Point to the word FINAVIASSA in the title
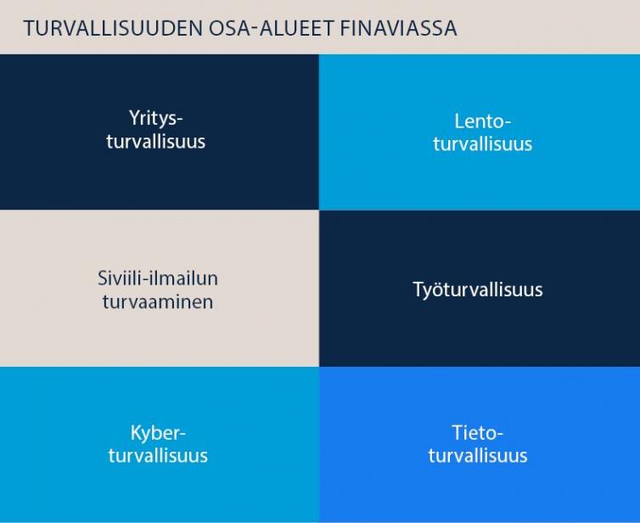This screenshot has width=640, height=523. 398,28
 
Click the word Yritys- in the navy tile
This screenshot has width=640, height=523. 156,118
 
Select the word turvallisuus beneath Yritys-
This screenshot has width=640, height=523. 156,141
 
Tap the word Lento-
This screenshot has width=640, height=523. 483,121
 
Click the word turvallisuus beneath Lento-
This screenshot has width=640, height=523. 483,143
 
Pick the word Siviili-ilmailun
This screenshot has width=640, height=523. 158,278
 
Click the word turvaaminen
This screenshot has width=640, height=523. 158,301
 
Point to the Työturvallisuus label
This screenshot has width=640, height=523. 478,290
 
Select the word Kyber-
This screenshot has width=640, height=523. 158,432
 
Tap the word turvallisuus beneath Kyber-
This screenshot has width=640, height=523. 158,456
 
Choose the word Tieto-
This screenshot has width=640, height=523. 478,432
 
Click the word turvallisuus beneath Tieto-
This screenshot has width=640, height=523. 478,456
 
